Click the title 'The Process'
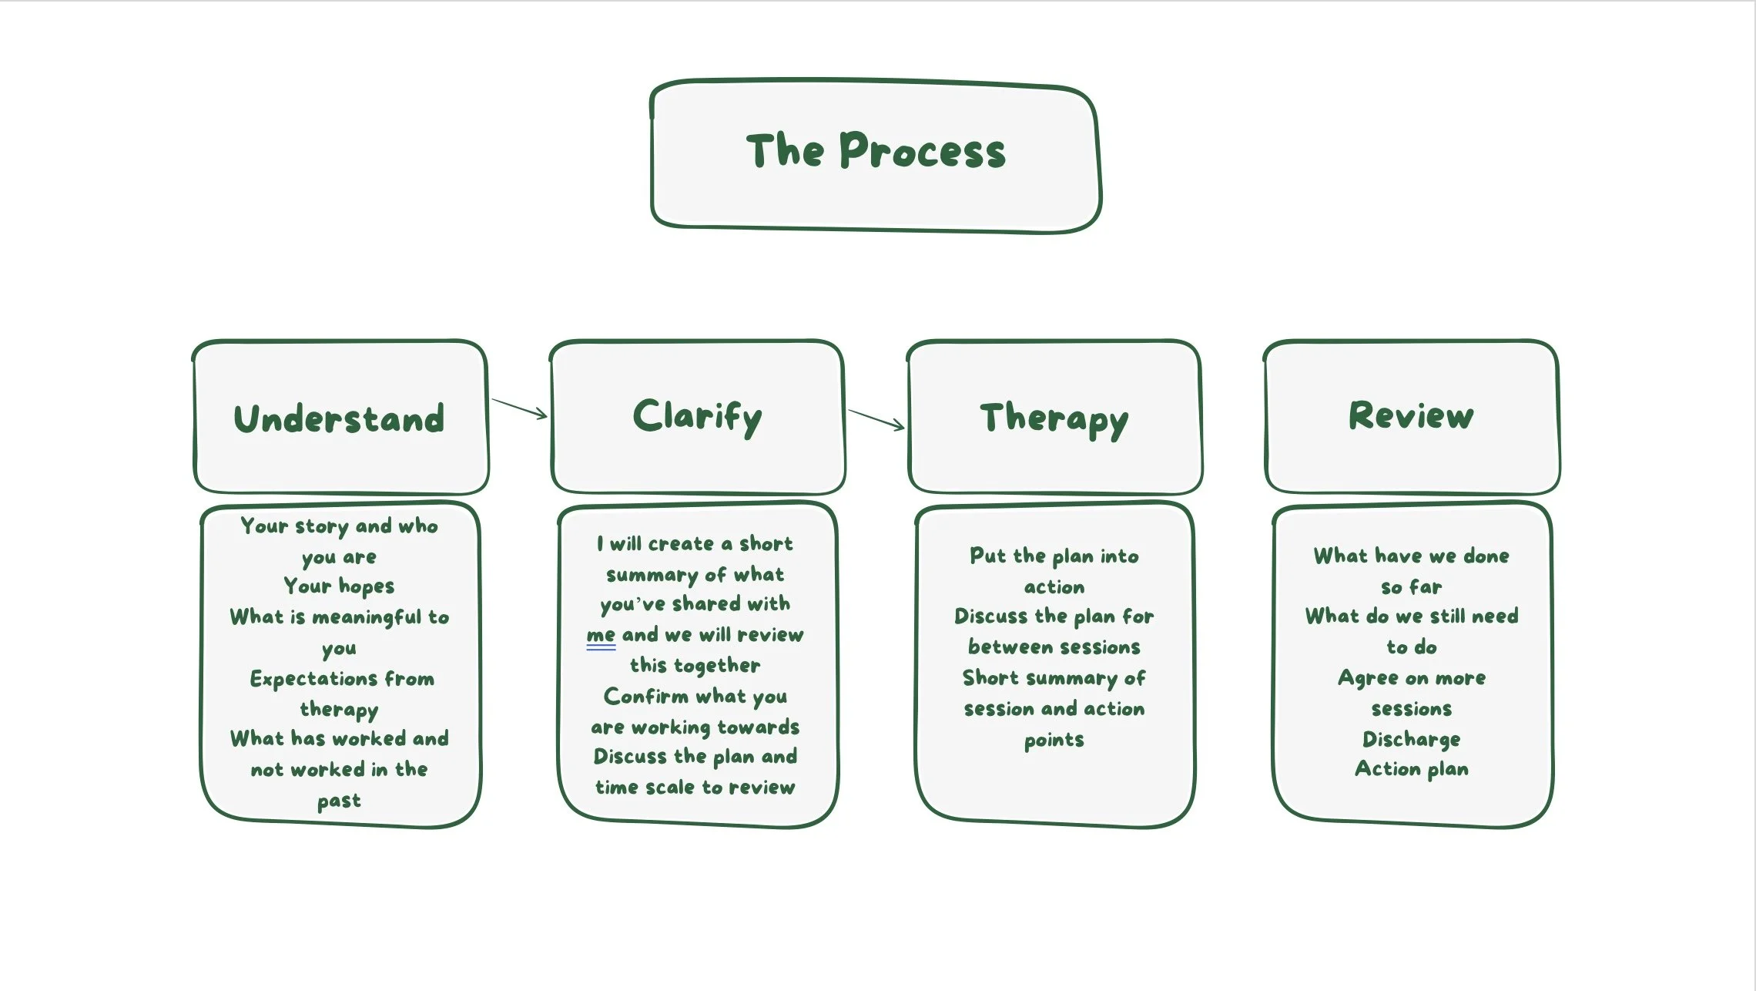(x=876, y=150)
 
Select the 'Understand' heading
(x=339, y=418)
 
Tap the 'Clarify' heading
(x=698, y=418)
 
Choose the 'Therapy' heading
(x=1054, y=420)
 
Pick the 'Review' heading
(x=1411, y=415)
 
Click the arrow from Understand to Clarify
(x=519, y=408)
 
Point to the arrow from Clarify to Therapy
(x=876, y=420)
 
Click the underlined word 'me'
(x=601, y=636)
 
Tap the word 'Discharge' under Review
(x=1411, y=740)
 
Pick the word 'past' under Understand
(x=339, y=802)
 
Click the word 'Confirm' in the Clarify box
(x=646, y=697)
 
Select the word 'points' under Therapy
(x=1054, y=741)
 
